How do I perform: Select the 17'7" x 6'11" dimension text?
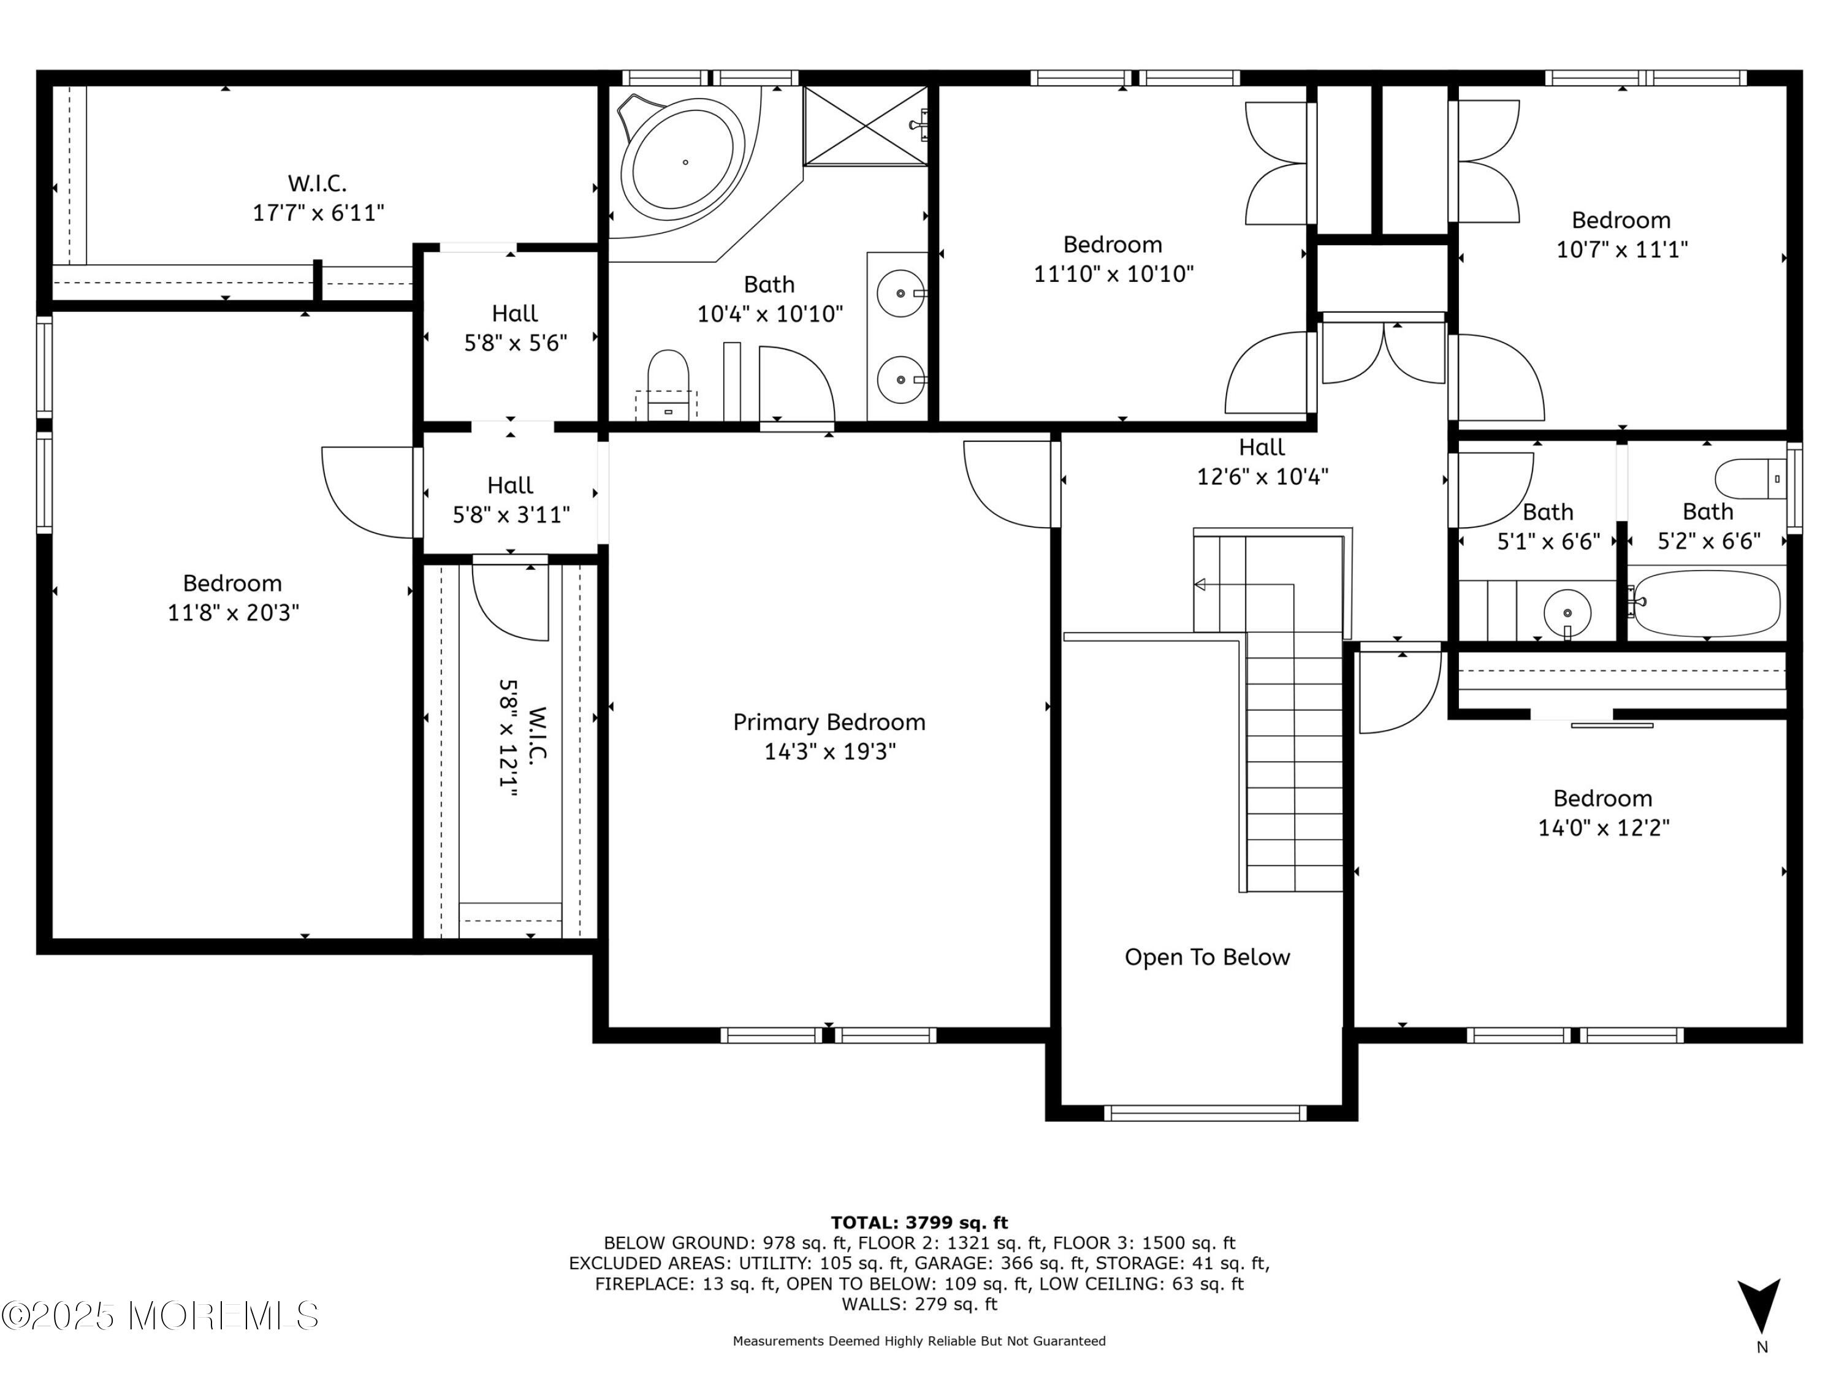318,213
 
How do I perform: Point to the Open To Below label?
1207,957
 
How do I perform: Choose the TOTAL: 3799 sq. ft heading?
919,1223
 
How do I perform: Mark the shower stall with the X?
866,126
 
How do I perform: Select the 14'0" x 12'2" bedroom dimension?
1603,828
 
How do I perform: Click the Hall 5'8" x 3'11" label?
511,500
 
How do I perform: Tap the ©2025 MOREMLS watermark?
159,1315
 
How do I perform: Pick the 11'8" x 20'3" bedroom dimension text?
233,613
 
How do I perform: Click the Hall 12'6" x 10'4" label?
1262,462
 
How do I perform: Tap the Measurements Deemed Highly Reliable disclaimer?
919,1341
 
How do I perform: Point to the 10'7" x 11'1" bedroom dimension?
1621,249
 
